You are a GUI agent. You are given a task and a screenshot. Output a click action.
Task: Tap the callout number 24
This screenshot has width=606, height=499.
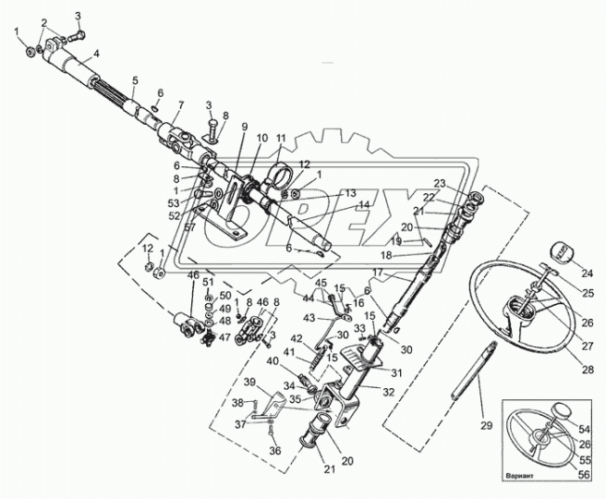588,273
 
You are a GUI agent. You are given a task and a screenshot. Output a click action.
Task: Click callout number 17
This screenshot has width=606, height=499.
378,272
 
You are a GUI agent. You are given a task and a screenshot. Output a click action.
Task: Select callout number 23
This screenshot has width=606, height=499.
440,182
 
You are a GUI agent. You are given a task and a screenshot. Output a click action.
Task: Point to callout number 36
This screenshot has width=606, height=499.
273,450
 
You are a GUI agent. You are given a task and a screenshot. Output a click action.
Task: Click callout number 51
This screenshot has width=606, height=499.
208,282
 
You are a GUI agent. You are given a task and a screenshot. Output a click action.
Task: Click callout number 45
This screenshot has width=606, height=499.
322,283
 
